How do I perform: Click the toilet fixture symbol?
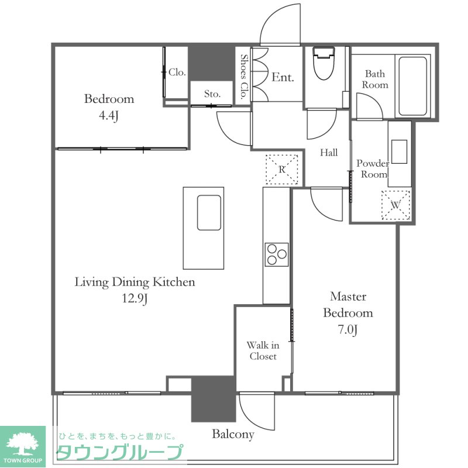click(324, 64)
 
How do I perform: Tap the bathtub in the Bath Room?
click(412, 86)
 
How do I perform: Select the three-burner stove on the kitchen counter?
click(277, 254)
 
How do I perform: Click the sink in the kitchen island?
click(209, 212)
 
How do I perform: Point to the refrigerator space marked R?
click(282, 169)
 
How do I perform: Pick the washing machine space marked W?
click(396, 205)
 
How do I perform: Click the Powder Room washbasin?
click(400, 152)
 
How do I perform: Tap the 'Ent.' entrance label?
click(283, 77)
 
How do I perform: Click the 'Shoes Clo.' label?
click(244, 77)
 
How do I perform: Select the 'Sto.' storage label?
click(212, 94)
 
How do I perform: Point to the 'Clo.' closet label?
click(177, 72)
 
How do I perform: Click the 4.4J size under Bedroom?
click(109, 115)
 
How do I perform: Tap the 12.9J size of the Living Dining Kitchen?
click(135, 298)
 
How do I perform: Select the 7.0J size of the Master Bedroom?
click(347, 329)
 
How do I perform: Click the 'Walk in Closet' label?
click(263, 350)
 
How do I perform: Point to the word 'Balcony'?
click(233, 434)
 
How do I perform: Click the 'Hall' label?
click(329, 153)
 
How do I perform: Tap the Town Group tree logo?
click(23, 443)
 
